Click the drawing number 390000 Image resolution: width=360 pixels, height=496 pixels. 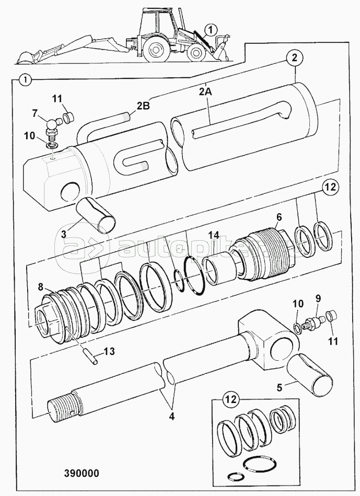tap(82, 473)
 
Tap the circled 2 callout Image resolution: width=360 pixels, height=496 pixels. tap(295, 58)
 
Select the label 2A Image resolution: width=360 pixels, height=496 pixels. tap(205, 92)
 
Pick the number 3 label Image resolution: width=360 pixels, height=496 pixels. tap(64, 234)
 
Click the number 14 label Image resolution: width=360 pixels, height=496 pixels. tap(214, 235)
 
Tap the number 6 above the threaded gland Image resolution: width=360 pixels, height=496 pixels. tap(278, 217)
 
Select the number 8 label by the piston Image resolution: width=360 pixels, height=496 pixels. tap(40, 288)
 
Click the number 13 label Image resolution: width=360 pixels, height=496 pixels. tap(109, 351)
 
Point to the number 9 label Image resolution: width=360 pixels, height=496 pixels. tap(318, 298)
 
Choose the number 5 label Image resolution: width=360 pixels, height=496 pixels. tap(279, 387)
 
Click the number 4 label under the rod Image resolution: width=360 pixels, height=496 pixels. tap(171, 416)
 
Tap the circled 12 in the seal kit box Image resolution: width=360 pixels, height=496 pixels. tap(231, 399)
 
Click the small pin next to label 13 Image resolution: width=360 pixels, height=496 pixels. tap(90, 357)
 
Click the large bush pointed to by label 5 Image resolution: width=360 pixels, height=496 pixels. tap(310, 374)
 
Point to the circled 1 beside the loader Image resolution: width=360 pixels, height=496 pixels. tap(212, 30)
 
